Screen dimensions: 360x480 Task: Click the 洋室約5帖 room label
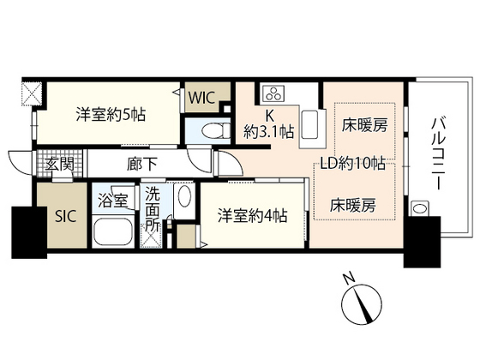[109, 113]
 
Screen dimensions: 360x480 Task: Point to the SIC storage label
[65, 215]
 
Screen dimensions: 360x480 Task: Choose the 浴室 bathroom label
[112, 202]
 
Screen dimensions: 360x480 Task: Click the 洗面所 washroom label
[152, 208]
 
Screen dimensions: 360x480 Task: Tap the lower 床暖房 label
[353, 206]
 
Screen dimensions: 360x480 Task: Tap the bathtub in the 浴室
[111, 232]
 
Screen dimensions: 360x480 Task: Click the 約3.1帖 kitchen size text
[268, 132]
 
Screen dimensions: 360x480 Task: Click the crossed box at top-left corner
[29, 92]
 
